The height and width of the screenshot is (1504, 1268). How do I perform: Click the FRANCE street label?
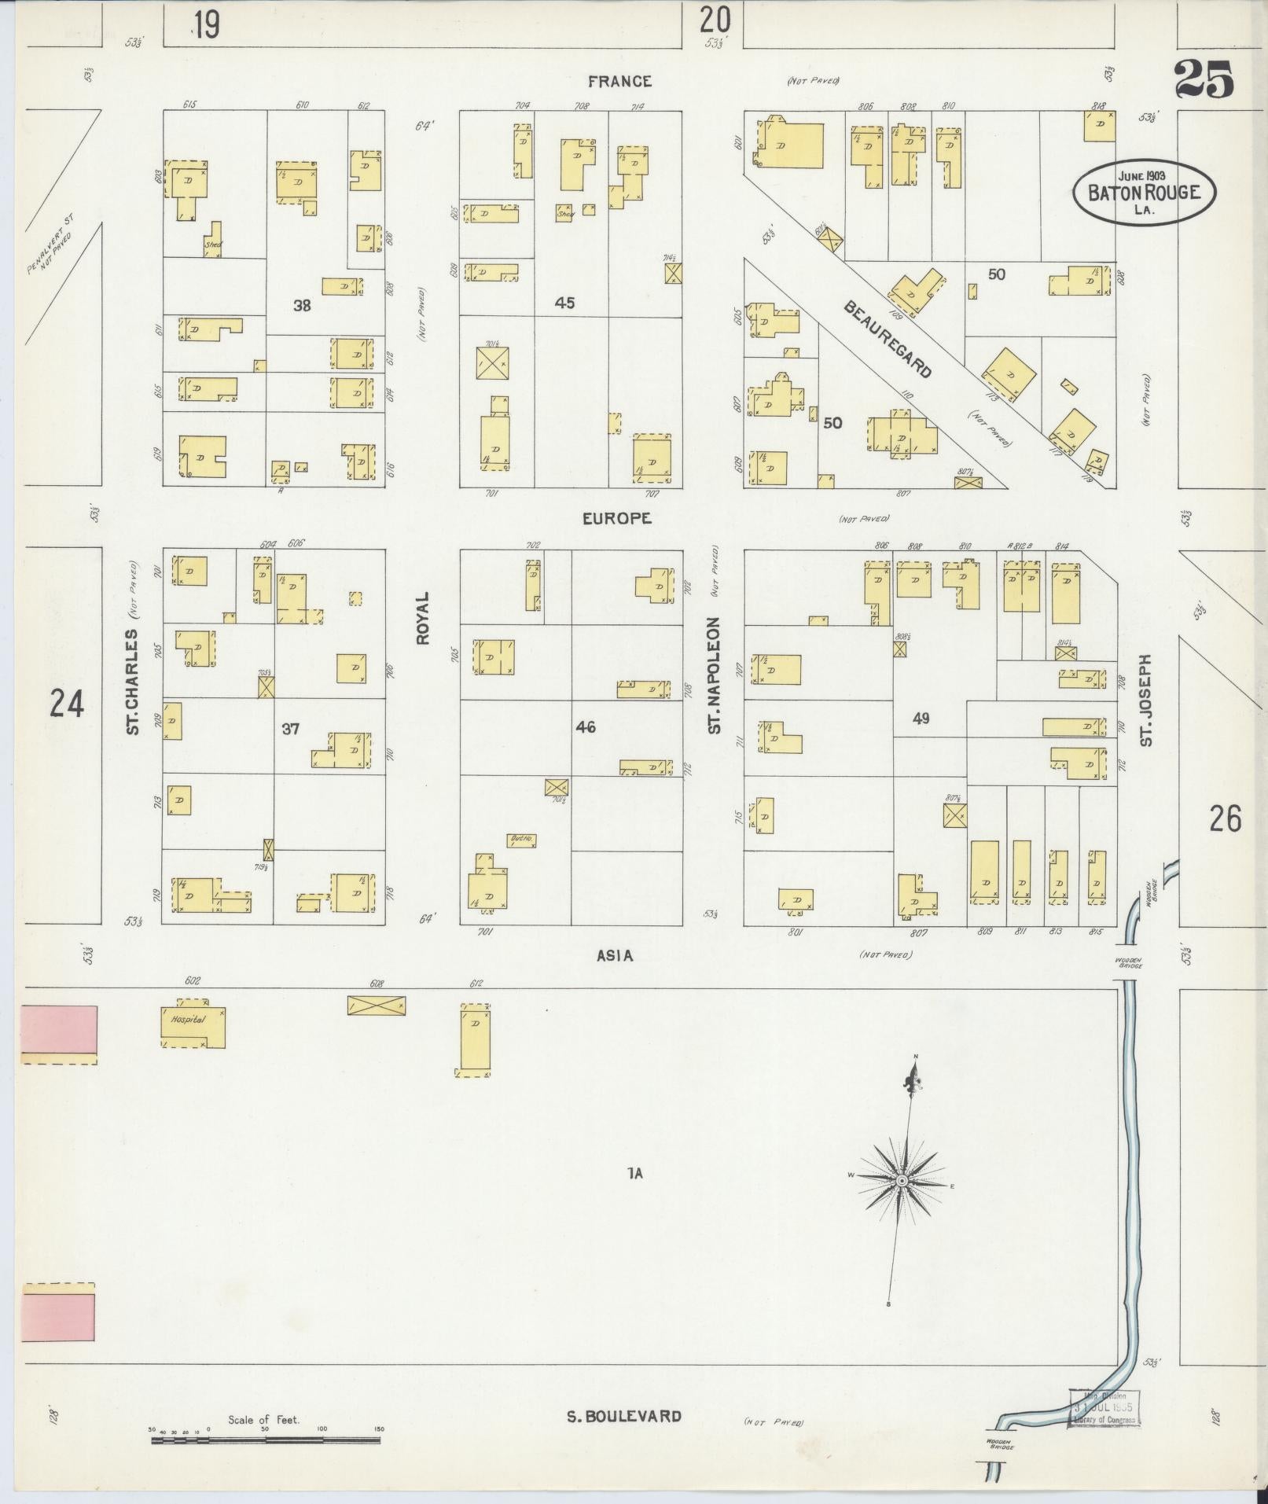point(619,81)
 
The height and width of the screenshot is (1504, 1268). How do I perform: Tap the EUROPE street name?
point(617,518)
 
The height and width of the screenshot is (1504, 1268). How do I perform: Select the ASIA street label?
point(615,955)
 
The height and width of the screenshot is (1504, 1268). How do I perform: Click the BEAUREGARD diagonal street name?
point(888,338)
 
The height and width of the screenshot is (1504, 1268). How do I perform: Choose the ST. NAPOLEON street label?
point(714,675)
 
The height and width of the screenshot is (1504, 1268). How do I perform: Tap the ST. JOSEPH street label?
point(1146,700)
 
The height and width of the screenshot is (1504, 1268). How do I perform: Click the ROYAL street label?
point(423,618)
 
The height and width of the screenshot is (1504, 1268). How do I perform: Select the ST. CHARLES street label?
point(132,682)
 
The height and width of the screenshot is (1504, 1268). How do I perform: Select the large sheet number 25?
point(1204,79)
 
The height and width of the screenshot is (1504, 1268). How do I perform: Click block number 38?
point(302,305)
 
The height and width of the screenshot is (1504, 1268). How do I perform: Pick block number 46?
point(585,727)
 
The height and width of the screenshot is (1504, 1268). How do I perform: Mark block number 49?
point(921,718)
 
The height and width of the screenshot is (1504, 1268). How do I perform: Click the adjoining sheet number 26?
point(1225,819)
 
